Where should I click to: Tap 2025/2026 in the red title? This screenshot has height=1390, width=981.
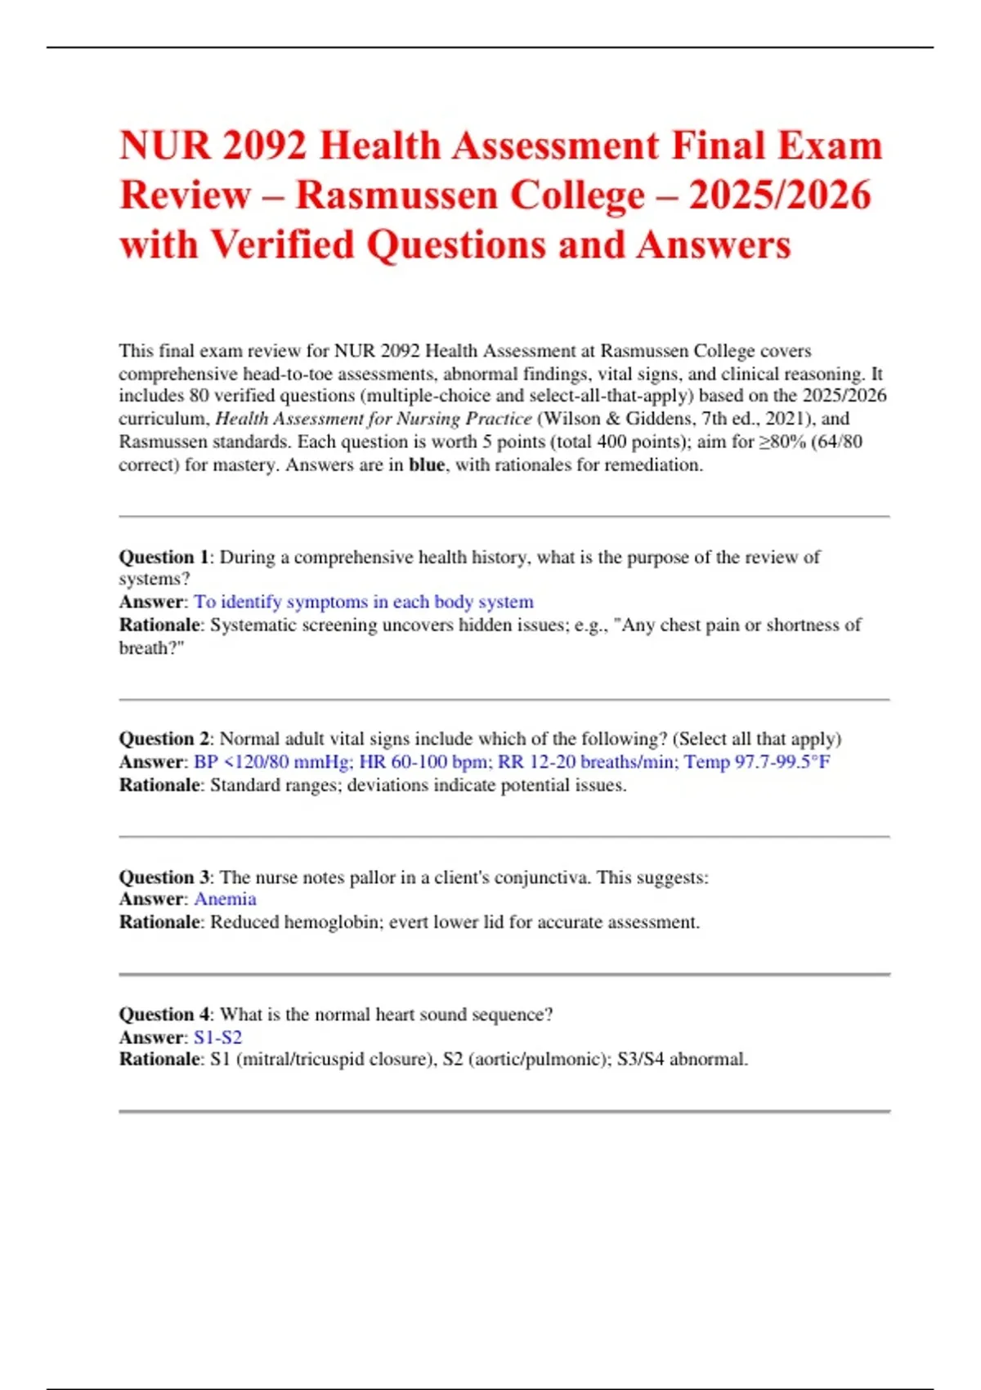pos(780,195)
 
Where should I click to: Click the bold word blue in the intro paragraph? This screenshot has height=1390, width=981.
pos(427,465)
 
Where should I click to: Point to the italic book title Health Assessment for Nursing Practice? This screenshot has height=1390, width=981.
pos(373,419)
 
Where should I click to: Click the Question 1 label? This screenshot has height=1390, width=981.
pos(163,558)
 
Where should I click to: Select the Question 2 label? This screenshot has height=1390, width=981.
pos(163,739)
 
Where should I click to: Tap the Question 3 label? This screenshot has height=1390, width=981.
pos(163,877)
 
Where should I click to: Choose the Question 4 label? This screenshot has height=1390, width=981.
pos(163,1015)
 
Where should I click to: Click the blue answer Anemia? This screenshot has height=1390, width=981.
pos(225,899)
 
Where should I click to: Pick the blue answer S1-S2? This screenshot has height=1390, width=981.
pos(217,1038)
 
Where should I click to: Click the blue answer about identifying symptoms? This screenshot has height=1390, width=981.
pos(363,603)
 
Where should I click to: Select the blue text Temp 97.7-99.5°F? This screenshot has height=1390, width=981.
pos(757,762)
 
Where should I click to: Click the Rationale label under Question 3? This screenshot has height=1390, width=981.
pos(159,922)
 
